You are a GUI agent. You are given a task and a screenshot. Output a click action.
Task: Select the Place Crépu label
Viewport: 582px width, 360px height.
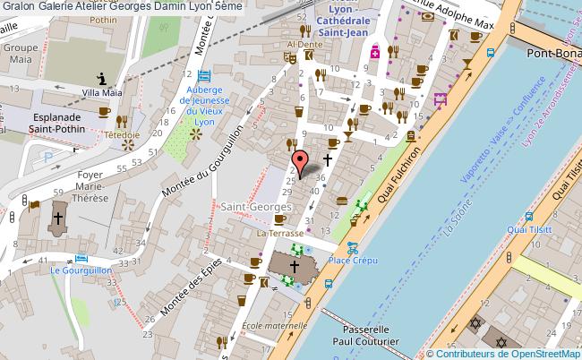(352, 261)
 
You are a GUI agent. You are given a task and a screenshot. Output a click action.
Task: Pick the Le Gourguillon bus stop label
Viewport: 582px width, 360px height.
(81, 269)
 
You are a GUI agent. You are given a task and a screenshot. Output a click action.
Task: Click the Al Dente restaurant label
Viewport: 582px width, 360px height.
(304, 43)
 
